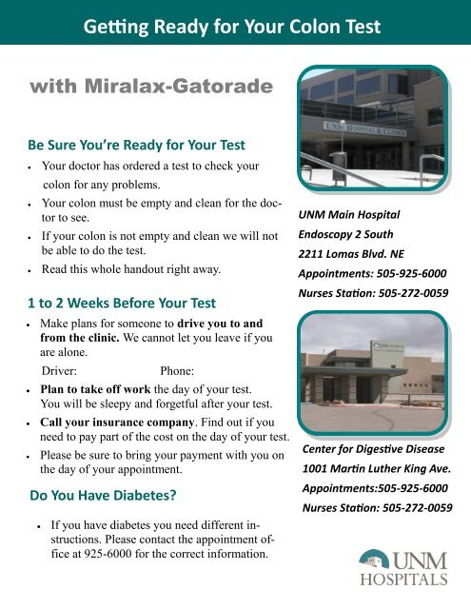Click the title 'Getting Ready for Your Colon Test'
pos(235,21)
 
